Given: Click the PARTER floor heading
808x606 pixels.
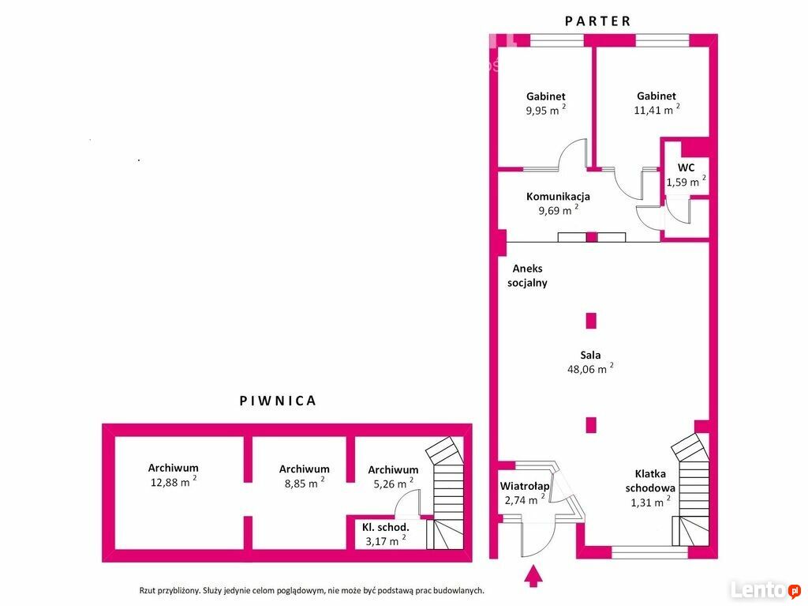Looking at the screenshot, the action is click(598, 21).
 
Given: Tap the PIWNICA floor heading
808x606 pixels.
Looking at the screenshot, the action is click(278, 401).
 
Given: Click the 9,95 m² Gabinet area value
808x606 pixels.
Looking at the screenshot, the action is click(546, 110).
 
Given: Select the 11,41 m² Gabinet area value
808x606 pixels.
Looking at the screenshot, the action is click(656, 110).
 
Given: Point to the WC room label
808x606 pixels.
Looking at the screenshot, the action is click(686, 167).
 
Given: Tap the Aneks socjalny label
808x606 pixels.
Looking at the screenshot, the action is click(527, 276).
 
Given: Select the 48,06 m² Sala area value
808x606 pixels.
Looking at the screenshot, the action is click(590, 368).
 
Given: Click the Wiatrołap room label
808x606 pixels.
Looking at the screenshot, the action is click(525, 486).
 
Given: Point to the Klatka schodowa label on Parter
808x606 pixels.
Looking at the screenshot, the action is click(650, 480).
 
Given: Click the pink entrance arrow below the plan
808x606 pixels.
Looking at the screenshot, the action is click(533, 576).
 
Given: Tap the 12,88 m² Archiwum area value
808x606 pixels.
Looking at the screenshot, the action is click(173, 482).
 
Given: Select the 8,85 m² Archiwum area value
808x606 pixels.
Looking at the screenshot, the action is click(305, 484).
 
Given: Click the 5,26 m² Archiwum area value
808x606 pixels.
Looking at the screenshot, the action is click(393, 484).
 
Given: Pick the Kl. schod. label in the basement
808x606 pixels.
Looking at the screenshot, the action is click(385, 527).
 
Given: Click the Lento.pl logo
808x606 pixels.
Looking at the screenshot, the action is click(765, 589).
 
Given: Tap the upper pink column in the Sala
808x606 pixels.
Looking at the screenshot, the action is click(591, 321).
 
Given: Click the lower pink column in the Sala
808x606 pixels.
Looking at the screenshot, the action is click(591, 425).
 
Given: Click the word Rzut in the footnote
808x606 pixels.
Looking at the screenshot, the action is click(148, 590).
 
